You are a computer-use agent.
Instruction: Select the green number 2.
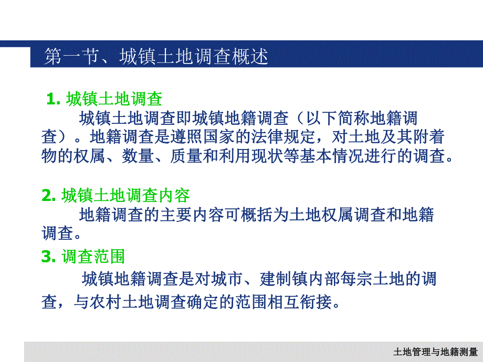coord(48,196)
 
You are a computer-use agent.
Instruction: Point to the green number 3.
coord(48,257)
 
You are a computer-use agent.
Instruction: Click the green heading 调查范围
coord(93,257)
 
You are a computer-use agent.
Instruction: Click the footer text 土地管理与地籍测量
coord(435,352)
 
